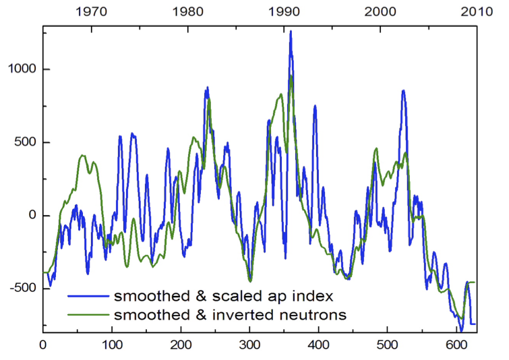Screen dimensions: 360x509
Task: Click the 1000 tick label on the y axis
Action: tap(21, 69)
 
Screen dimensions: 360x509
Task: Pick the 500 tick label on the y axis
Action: tap(25, 143)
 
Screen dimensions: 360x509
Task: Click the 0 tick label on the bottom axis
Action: tap(42, 344)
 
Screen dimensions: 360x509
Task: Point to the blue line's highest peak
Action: tap(291, 31)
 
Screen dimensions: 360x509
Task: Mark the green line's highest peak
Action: tap(291, 76)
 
